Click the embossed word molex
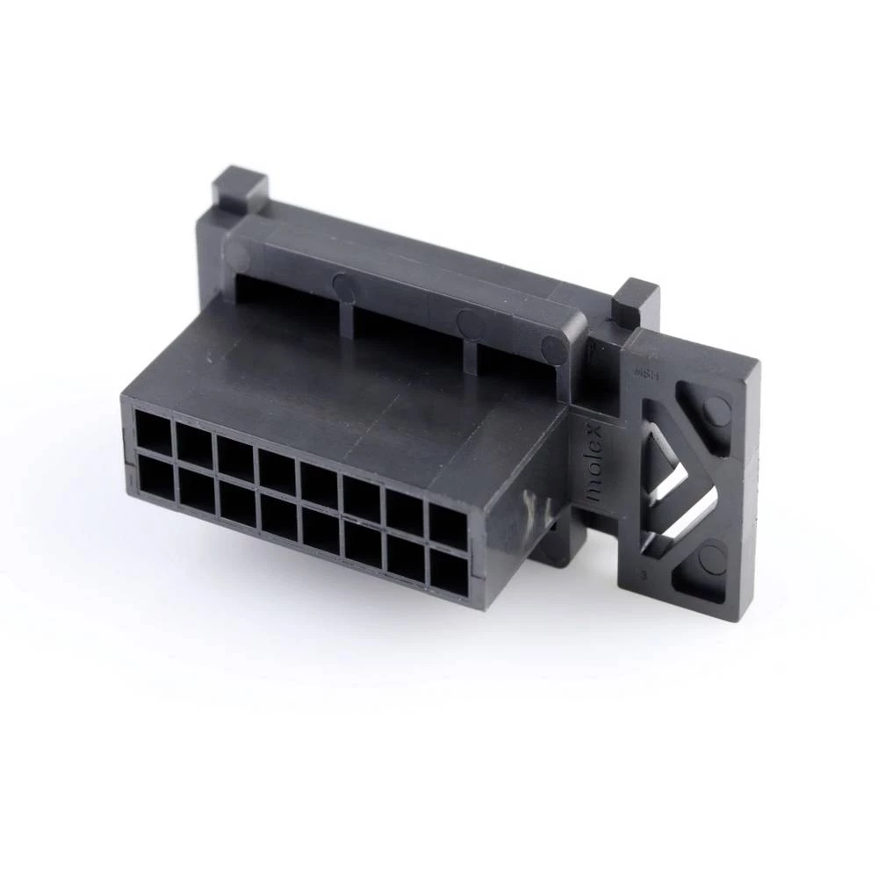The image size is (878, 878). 594,464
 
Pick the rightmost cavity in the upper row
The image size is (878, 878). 448,526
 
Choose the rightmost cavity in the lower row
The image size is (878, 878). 448,571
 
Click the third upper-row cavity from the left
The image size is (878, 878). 235,457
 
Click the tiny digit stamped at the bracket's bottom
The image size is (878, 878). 644,575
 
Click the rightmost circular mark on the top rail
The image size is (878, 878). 554,349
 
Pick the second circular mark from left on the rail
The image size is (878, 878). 345,287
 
